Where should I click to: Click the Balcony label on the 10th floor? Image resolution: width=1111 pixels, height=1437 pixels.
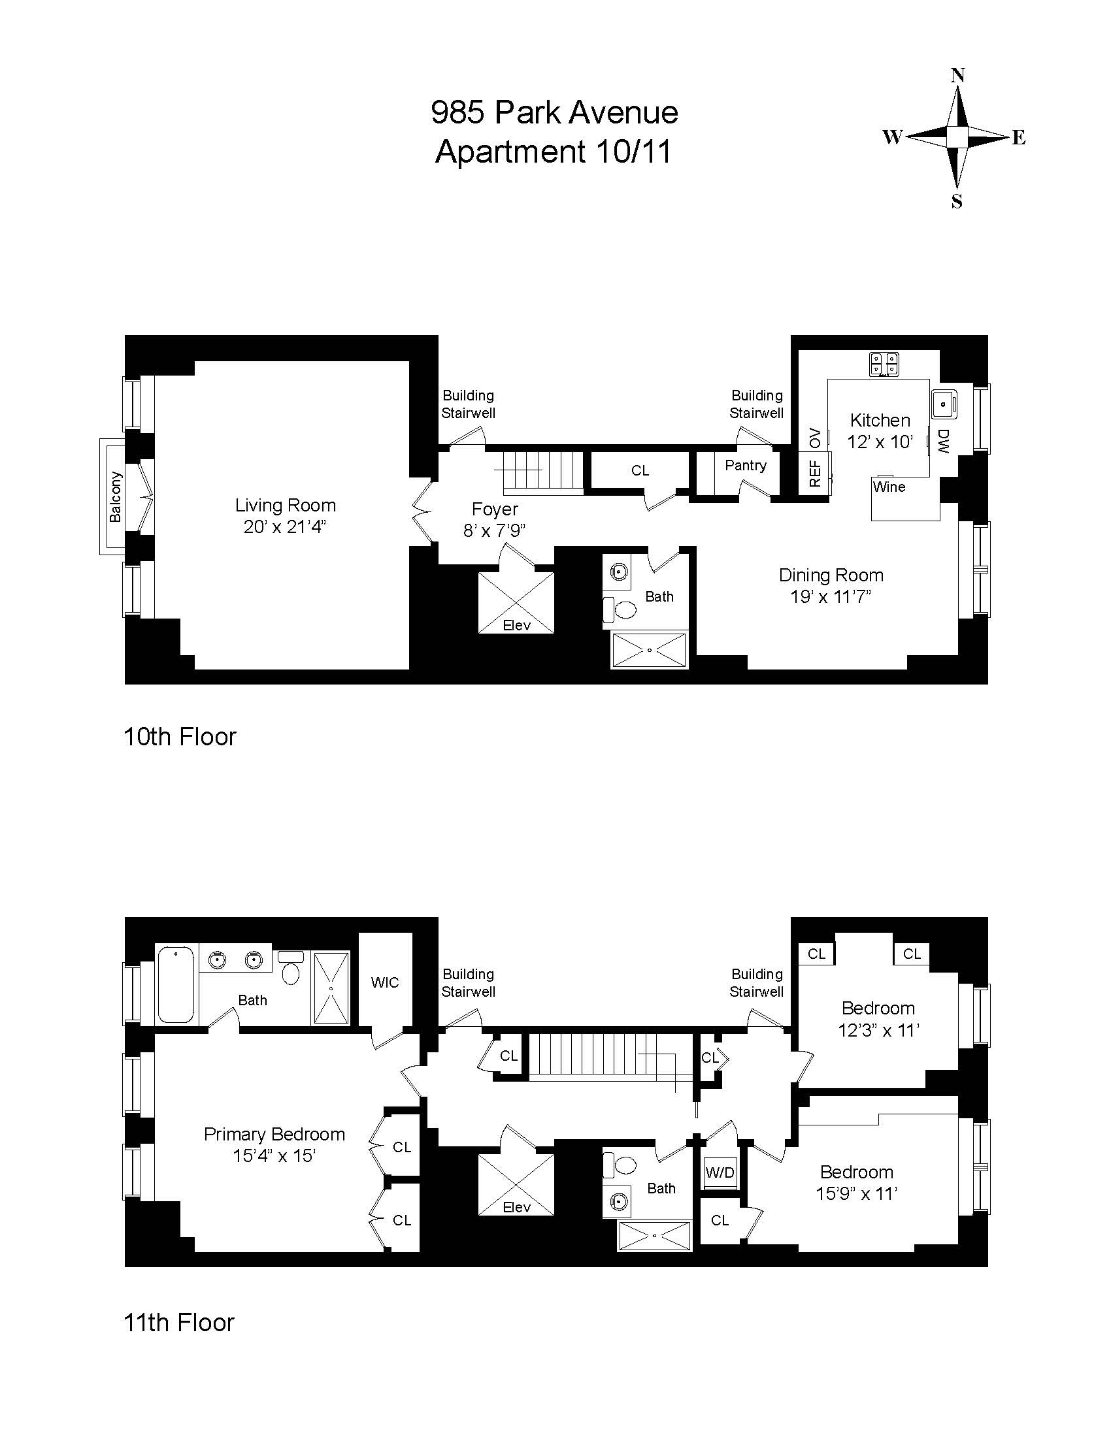pos(116,497)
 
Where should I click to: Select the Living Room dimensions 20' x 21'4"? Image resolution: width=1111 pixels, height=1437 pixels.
pos(285,527)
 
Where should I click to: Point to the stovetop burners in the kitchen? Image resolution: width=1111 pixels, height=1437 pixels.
pos(884,364)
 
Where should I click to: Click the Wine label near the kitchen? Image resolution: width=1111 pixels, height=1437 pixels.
pos(889,487)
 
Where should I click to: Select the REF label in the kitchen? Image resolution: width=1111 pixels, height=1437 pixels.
pos(815,473)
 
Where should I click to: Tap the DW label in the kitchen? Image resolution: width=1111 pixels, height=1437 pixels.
pos(942,442)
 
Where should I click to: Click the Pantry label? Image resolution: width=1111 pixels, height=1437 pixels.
pos(745,465)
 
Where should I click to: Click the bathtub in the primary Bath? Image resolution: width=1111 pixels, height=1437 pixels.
pos(176,984)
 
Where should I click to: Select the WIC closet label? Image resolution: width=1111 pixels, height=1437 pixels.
pos(385,982)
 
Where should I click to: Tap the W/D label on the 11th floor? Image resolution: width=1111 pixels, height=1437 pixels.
pos(720,1172)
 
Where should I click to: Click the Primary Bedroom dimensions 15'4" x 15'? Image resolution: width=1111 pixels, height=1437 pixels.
pos(274,1155)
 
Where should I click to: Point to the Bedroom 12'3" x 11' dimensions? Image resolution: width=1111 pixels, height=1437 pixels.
pos(878,1030)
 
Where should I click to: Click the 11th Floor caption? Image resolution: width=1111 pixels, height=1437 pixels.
pos(179,1323)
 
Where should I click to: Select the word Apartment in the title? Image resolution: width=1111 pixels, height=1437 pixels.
pos(510,152)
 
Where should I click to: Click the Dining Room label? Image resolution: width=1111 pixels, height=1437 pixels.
pos(831,575)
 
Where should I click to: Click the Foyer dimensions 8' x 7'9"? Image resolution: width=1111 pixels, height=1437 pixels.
pos(494,531)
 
